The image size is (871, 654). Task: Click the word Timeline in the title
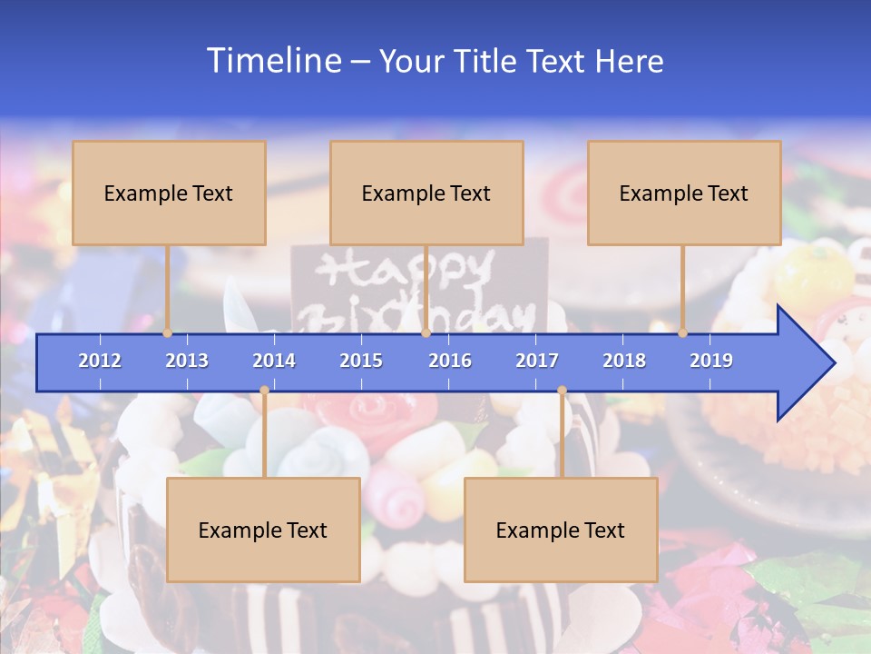(271, 61)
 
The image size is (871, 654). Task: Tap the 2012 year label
(100, 361)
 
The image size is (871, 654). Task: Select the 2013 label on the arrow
(187, 361)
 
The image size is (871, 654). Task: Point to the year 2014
(274, 361)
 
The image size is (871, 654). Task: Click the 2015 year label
(361, 361)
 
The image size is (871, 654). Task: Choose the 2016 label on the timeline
(450, 361)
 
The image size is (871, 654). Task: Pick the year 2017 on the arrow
(537, 361)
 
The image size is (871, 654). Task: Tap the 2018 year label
(624, 361)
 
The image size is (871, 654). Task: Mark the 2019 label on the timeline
(711, 361)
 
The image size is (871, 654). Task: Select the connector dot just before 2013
(168, 333)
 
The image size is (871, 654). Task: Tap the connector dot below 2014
(264, 391)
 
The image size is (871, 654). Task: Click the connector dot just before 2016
(426, 333)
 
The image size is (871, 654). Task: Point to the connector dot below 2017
(562, 391)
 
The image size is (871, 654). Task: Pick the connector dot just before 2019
(683, 333)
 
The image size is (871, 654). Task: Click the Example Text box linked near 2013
(169, 193)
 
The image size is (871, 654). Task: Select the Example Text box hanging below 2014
(263, 530)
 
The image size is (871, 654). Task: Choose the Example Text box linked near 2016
(426, 193)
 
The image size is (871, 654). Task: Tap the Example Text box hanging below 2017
(561, 530)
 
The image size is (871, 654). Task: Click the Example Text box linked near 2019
(684, 193)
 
